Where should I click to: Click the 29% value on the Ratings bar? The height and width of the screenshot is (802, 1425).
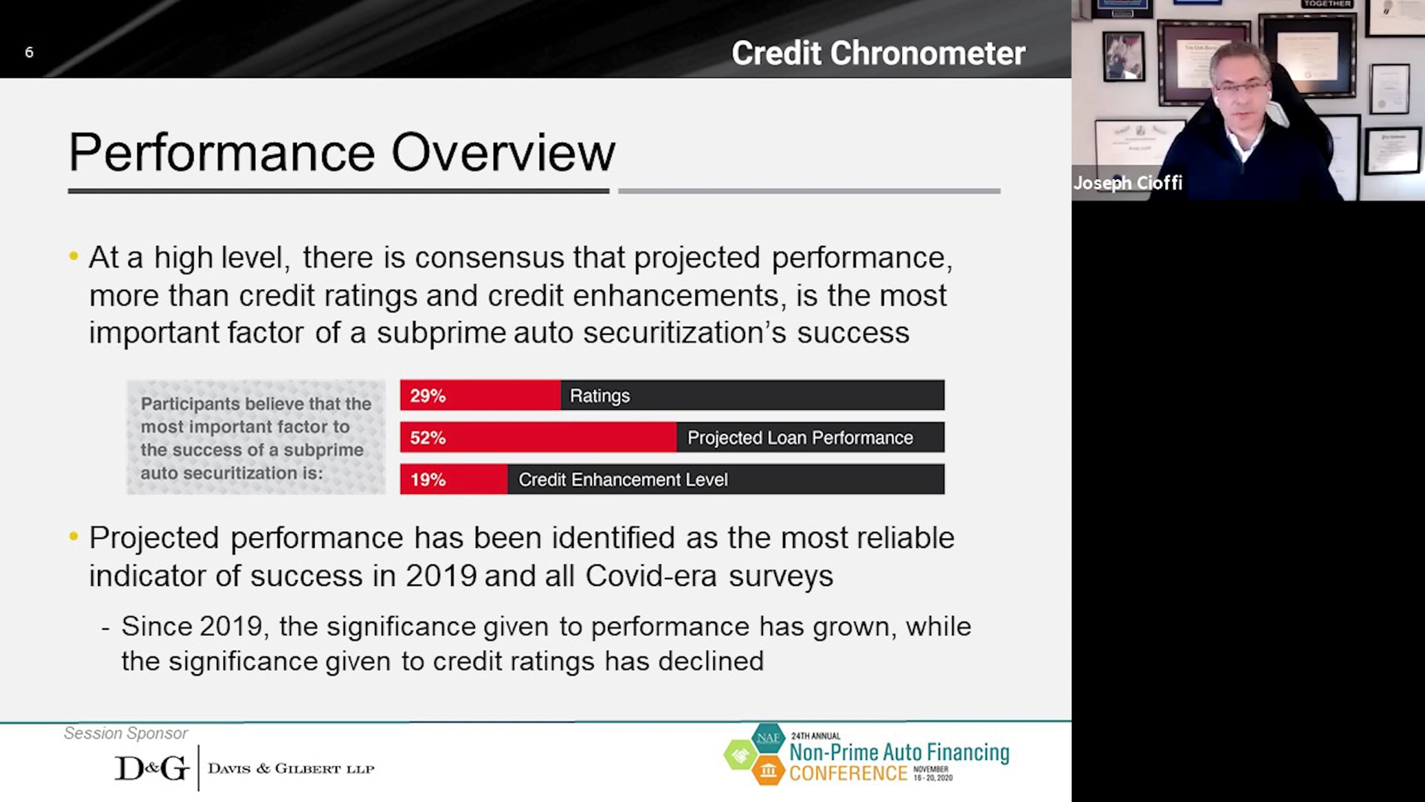(x=427, y=396)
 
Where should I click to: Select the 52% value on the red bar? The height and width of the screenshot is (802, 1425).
(x=427, y=438)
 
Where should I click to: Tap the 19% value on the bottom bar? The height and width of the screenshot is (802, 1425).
(x=427, y=479)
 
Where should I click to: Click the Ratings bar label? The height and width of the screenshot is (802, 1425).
(x=600, y=396)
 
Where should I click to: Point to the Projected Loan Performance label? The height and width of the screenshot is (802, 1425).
(x=800, y=438)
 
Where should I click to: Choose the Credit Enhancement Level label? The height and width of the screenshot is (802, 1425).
(x=623, y=479)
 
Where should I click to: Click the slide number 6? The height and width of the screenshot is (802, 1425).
(x=29, y=52)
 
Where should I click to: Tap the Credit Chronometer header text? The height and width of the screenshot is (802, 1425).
(x=878, y=53)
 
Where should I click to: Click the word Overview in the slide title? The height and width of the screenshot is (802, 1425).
(x=503, y=153)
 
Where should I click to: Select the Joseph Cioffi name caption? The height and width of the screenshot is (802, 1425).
(x=1128, y=182)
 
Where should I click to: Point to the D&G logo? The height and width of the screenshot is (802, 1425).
(x=151, y=768)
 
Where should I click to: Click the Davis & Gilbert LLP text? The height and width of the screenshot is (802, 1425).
(x=291, y=769)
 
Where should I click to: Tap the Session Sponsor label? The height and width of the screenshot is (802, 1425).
(x=126, y=733)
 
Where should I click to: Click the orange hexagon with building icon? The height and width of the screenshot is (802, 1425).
(x=768, y=771)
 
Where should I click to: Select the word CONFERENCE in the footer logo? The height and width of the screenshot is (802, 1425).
(x=848, y=773)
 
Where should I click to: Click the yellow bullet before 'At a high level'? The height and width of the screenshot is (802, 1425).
(x=74, y=257)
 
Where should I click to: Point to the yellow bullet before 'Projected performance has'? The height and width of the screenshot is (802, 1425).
(x=74, y=536)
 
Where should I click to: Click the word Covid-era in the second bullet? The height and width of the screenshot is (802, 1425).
(x=651, y=576)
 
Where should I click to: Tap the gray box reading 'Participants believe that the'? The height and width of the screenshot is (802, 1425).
(x=256, y=437)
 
